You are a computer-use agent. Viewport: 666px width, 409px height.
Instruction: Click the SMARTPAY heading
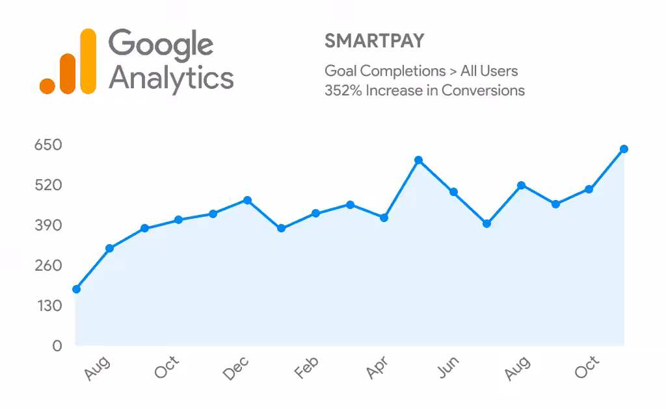coord(374,41)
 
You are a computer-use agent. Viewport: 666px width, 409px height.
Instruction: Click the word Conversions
coord(483,90)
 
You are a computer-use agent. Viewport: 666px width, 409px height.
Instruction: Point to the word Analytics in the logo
coord(171,79)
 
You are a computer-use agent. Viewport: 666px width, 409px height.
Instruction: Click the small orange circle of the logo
coord(47,86)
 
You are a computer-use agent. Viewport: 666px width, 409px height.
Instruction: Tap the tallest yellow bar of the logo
coord(88,61)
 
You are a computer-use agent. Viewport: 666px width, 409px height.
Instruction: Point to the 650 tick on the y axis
coord(48,145)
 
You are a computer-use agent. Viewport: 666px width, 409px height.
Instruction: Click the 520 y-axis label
coord(48,185)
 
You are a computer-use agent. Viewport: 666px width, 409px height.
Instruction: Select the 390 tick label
coord(48,225)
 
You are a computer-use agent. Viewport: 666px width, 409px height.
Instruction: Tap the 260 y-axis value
coord(48,266)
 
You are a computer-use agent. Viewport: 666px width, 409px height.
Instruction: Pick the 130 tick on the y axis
coord(49,306)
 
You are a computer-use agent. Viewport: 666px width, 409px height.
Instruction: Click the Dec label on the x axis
coord(235,368)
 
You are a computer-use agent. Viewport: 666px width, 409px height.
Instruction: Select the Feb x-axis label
coord(306,367)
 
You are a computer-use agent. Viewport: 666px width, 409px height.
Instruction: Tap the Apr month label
coord(377,367)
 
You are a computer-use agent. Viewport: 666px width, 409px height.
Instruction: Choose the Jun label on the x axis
coord(449,367)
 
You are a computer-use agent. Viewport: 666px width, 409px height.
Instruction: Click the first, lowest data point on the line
coord(77,289)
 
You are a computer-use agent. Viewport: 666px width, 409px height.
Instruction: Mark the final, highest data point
coord(624,149)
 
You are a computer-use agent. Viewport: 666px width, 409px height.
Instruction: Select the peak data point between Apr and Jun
coord(418,160)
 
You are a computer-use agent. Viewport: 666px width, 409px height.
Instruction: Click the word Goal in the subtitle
coord(341,71)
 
